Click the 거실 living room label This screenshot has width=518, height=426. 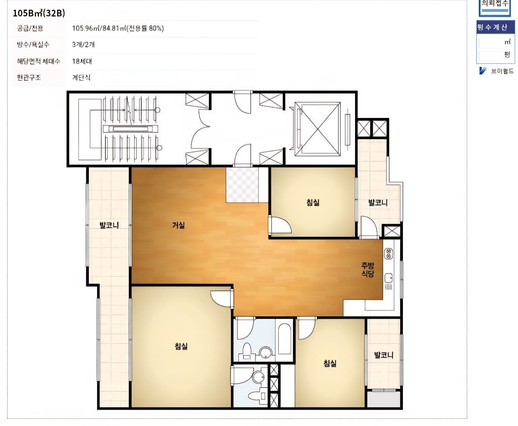coord(178,225)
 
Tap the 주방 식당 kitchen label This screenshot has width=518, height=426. coord(367,270)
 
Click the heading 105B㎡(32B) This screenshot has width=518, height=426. coord(39,13)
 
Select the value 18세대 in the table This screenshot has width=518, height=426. coord(82,61)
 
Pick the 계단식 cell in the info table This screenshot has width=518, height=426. coord(81,78)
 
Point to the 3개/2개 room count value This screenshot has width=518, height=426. coord(83,45)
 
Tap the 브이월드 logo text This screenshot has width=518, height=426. coord(502,71)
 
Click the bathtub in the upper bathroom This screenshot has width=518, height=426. coord(285,339)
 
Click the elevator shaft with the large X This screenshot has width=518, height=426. coord(318,129)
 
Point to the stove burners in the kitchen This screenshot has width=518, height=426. coord(388,254)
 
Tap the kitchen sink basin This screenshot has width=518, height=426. coord(388,278)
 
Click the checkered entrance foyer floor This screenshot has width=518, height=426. coord(242,185)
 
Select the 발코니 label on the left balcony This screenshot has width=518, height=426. coord(109,225)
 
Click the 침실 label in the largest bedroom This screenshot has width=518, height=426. coord(181,346)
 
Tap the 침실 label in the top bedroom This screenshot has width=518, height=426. coord(313,202)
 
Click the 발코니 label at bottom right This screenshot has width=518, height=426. coord(384,355)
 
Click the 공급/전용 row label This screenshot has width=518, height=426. coord(30,28)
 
